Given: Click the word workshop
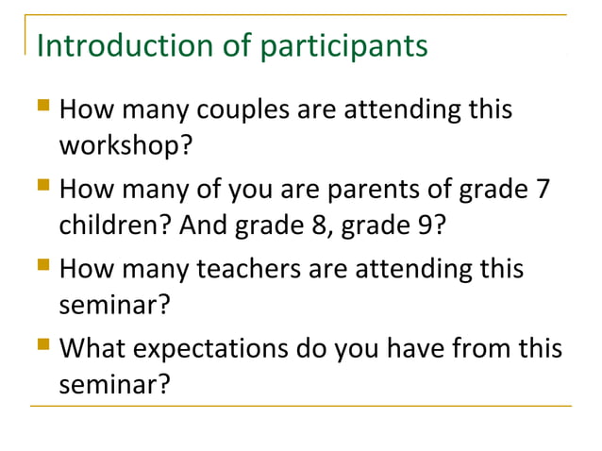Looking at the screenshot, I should pos(114,149).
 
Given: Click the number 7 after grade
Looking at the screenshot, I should pos(542,190).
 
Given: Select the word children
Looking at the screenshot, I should pos(105,227).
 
